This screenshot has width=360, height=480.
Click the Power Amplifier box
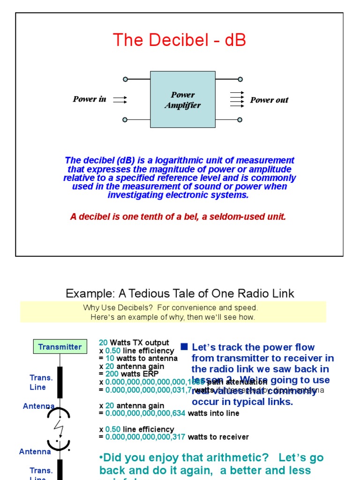point(182,99)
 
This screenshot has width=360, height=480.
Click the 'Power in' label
point(89,99)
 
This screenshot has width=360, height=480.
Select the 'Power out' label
point(269,100)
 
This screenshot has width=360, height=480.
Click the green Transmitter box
point(60,347)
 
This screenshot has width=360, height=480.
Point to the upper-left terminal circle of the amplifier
point(125,79)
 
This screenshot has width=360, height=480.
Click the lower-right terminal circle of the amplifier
point(240,120)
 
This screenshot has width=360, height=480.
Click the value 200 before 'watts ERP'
point(112,374)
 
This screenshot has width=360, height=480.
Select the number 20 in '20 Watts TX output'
point(103,343)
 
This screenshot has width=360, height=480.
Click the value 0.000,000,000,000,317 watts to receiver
point(145,437)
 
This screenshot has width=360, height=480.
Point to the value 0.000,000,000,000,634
point(145,413)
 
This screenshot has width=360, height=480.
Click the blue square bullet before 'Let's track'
point(184,347)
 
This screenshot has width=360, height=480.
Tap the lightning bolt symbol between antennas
point(60,427)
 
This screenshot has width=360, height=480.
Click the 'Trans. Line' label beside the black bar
point(41,382)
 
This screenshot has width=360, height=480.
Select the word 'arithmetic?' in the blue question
point(234,457)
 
